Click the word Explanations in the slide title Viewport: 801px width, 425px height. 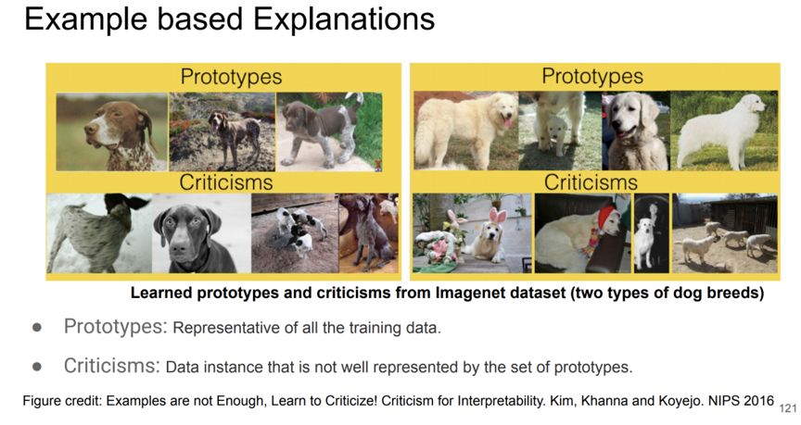344,20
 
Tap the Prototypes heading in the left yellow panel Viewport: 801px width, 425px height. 231,77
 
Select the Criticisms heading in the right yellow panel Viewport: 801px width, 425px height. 591,182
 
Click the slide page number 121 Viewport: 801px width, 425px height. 788,408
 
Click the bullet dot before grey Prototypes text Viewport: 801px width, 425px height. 37,327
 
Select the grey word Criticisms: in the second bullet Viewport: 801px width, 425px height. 112,366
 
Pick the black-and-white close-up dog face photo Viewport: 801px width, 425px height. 201,233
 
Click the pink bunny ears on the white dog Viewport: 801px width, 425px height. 498,216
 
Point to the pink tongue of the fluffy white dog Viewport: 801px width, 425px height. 507,122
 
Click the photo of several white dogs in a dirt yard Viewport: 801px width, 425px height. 724,233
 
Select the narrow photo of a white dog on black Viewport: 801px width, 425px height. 652,233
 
